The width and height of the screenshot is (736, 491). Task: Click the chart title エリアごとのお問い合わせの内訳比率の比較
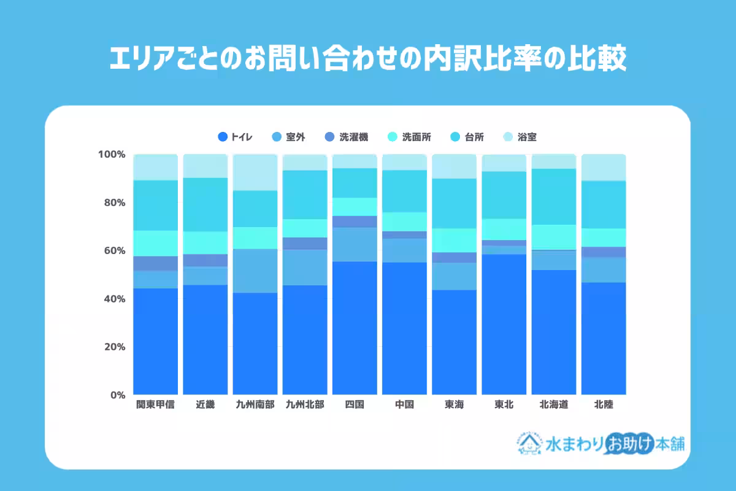point(368,60)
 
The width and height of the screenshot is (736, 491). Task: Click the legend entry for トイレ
point(236,137)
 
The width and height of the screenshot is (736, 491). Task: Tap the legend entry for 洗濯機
point(348,137)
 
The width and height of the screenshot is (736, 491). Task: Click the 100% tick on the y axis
point(112,154)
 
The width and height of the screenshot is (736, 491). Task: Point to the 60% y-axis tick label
point(114,250)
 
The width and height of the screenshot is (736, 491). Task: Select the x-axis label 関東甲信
point(155,405)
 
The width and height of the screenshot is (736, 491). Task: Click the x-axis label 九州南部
point(255,405)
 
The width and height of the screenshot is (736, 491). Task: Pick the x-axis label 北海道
point(554,405)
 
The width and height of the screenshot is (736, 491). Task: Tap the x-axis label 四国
point(355,405)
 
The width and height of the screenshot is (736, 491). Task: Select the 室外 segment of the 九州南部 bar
point(255,271)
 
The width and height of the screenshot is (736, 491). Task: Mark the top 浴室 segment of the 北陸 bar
point(603,168)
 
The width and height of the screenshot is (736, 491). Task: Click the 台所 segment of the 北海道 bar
point(554,196)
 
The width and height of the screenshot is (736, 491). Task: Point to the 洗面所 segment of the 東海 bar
point(454,240)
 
